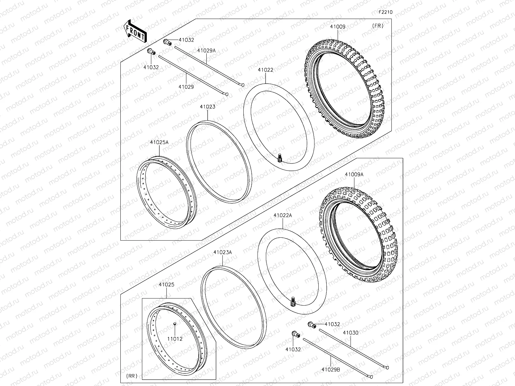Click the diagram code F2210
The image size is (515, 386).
point(385,12)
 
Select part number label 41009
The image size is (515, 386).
point(337,27)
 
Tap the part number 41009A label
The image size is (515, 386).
point(354,174)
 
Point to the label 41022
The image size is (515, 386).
point(266,70)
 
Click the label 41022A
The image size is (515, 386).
point(283,216)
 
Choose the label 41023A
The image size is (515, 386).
point(222,252)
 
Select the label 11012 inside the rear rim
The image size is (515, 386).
point(174,339)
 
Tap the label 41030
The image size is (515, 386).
point(351,333)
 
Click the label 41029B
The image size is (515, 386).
point(331,370)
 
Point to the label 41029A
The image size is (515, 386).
point(206,51)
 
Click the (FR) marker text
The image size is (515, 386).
point(378,26)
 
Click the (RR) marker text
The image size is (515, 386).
point(131,375)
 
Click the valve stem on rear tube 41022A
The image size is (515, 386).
point(293,301)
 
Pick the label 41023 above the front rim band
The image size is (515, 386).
point(207,107)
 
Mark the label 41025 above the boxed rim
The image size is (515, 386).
point(166,285)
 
